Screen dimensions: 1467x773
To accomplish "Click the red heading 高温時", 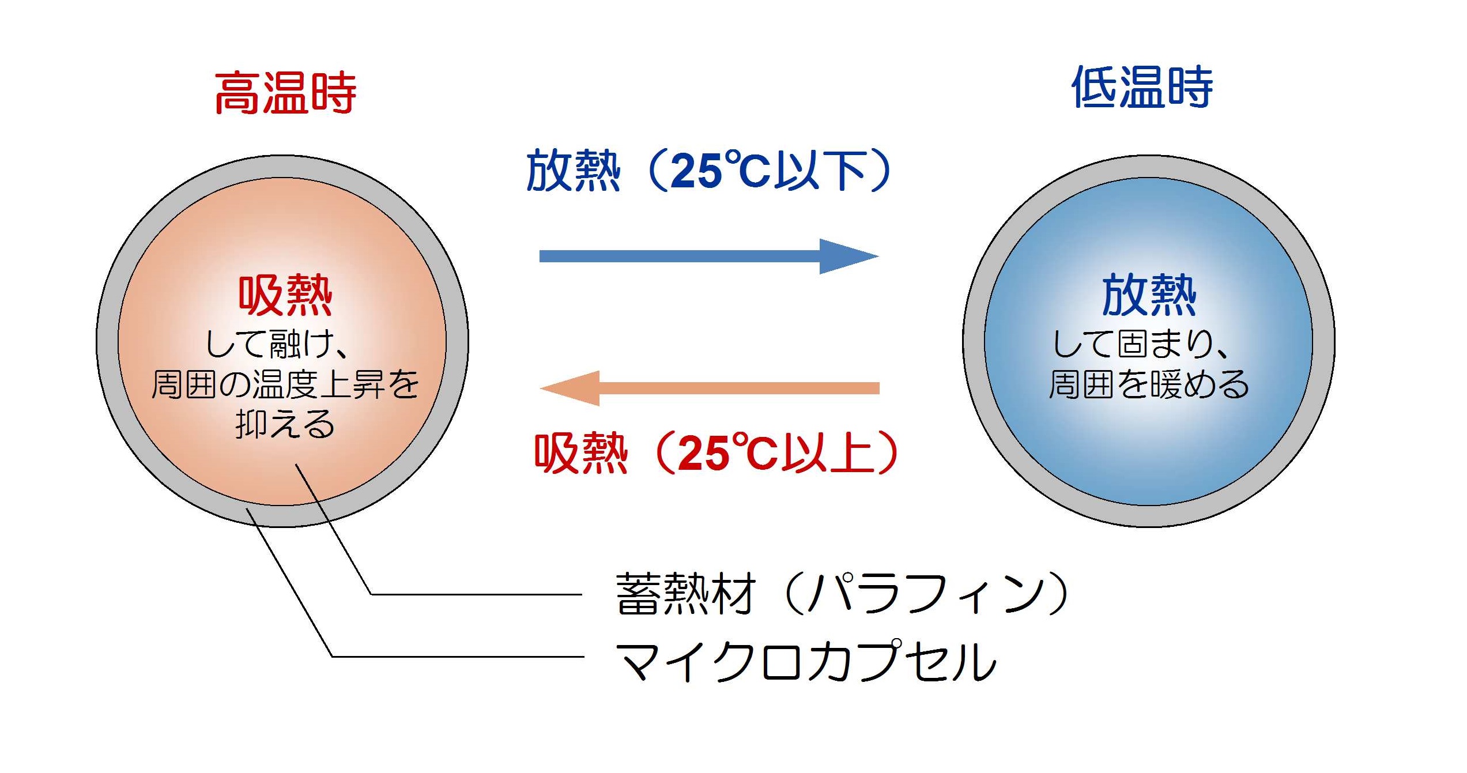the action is [x=285, y=93].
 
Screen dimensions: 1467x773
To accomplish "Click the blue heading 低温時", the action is [x=1142, y=87].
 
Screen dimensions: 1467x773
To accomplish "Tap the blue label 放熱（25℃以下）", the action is [x=710, y=171].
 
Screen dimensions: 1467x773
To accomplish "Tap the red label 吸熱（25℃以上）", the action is [x=717, y=453].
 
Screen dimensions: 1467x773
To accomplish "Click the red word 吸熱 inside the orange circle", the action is [x=285, y=296].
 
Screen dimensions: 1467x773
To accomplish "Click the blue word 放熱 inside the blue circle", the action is [x=1149, y=295].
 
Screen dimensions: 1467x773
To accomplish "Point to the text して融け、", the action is [x=276, y=345].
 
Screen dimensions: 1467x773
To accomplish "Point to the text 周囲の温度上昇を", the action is [x=285, y=384].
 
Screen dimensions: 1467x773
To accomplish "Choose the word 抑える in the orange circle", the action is [x=285, y=425].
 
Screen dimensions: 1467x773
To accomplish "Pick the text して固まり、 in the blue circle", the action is [x=1141, y=344].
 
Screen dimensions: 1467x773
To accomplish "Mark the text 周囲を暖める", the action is [x=1149, y=384].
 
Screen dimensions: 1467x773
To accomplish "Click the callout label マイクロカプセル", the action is [x=805, y=661].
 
